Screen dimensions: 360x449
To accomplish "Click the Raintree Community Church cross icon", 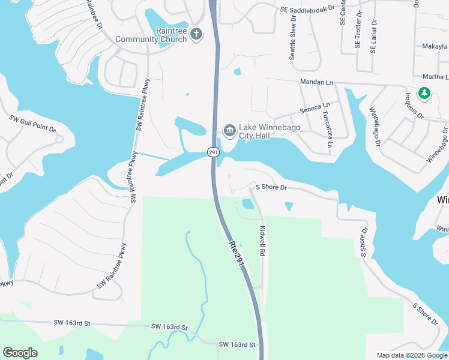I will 197,35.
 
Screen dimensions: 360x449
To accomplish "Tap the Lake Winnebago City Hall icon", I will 229,130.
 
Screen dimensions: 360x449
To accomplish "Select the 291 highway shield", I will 213,152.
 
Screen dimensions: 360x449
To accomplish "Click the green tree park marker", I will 424,93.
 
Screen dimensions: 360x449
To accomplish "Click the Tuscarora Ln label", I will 328,128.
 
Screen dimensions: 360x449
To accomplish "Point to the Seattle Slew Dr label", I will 293,37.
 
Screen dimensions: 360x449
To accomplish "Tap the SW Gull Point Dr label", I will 32,124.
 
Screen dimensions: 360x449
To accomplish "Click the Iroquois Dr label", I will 414,106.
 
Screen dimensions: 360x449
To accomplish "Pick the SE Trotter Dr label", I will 358,29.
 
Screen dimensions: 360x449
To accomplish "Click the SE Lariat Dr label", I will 373,36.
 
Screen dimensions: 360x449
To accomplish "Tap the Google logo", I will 20,353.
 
